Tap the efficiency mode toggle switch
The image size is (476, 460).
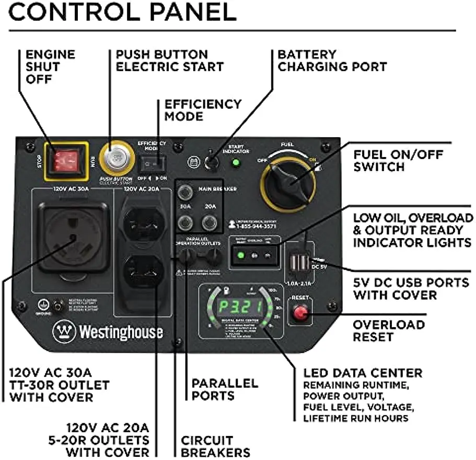(x=152, y=164)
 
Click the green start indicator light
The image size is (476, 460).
(x=236, y=163)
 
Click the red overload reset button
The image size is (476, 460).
(x=300, y=313)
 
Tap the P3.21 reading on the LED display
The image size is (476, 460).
(x=240, y=307)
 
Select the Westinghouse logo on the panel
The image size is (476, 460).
(x=107, y=332)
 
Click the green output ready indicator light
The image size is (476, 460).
(x=241, y=256)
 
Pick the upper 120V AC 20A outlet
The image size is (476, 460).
(x=144, y=220)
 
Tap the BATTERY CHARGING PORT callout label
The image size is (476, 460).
(x=332, y=60)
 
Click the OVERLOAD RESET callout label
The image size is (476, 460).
(x=388, y=330)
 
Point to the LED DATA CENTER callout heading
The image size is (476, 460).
(x=363, y=373)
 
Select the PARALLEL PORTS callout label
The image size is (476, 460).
(x=225, y=389)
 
